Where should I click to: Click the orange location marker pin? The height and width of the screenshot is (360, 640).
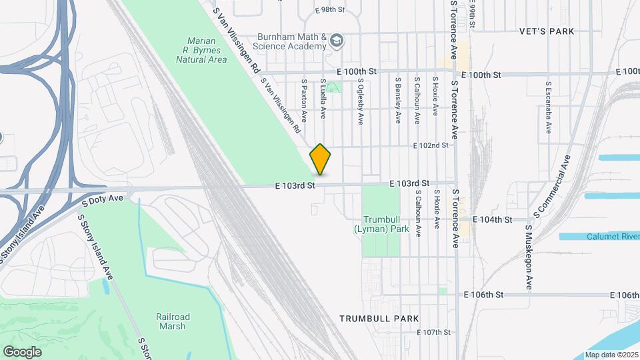click(x=320, y=159)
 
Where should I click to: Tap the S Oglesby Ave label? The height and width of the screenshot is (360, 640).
click(x=360, y=103)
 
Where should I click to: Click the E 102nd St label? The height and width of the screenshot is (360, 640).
click(x=430, y=145)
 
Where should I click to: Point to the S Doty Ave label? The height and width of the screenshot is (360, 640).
click(x=103, y=198)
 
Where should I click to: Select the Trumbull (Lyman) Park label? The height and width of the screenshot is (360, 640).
click(x=385, y=224)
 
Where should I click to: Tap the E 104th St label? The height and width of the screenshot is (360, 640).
click(x=492, y=219)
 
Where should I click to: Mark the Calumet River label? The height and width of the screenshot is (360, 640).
click(x=613, y=237)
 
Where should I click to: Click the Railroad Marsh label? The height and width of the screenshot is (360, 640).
click(x=173, y=321)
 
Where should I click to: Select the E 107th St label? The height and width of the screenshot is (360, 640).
click(x=434, y=332)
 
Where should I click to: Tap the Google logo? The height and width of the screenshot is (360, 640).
click(x=23, y=351)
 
